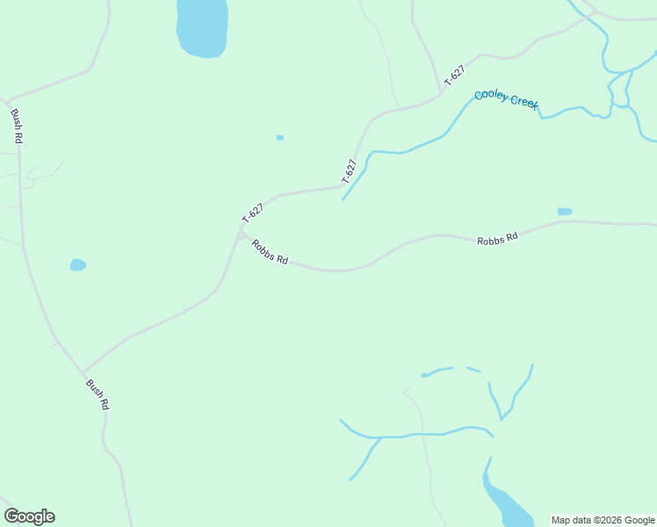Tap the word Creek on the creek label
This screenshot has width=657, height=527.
tap(523, 103)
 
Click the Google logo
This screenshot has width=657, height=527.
tap(29, 516)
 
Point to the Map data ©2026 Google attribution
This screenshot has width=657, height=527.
tap(603, 520)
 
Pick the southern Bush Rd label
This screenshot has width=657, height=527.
tap(97, 394)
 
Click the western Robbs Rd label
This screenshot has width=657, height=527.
tap(270, 252)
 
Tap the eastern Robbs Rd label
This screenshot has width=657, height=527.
tap(498, 238)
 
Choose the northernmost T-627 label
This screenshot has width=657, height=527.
tap(454, 76)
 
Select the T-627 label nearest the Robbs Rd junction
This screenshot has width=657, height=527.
tap(253, 213)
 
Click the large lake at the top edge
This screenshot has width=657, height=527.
tap(202, 26)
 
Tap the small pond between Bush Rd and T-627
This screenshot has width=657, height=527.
tap(78, 264)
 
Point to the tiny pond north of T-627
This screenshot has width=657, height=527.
tap(280, 137)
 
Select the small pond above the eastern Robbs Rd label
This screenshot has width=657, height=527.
tap(565, 211)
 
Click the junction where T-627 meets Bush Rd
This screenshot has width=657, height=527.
tap(84, 372)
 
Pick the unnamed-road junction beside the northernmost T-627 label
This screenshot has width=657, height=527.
tap(440, 91)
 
